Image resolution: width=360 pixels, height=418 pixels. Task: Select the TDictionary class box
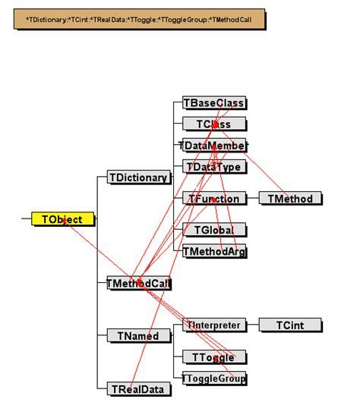tap(137, 178)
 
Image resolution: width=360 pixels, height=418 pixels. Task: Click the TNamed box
tap(137, 335)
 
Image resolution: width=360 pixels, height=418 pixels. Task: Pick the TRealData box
tap(137, 388)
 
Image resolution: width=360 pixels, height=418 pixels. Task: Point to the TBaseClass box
tap(215, 102)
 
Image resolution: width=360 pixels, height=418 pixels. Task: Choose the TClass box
tap(215, 124)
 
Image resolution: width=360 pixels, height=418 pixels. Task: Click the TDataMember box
tap(215, 145)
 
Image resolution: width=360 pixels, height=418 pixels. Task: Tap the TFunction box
tap(215, 199)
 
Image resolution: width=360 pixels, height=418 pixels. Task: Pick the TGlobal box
tap(215, 230)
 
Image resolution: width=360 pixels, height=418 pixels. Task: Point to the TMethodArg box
tap(215, 251)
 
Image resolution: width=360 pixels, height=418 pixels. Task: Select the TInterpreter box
tap(215, 325)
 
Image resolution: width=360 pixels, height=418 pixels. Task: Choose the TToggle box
tap(215, 357)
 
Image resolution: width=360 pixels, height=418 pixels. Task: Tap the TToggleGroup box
tap(215, 377)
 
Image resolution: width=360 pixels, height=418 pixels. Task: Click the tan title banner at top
tap(140, 18)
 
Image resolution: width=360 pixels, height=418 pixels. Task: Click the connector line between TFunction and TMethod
tap(253, 199)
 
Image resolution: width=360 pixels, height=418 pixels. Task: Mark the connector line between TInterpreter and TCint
tap(253, 325)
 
